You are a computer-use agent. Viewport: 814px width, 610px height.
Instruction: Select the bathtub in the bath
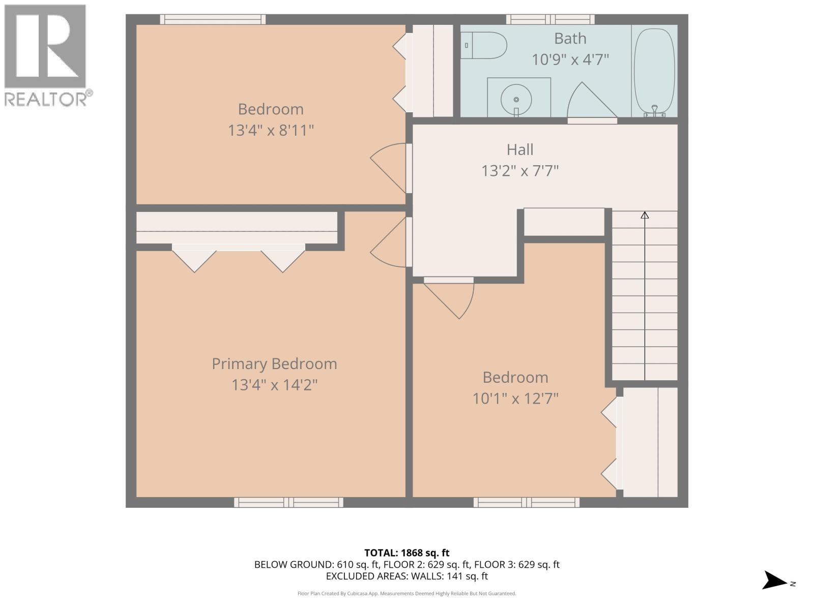pyautogui.click(x=654, y=71)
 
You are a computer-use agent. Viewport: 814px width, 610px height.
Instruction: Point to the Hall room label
pyautogui.click(x=520, y=149)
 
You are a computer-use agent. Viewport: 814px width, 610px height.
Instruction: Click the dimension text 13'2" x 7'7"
pyautogui.click(x=520, y=171)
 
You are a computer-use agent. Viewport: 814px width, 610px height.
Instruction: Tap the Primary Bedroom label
pyautogui.click(x=274, y=364)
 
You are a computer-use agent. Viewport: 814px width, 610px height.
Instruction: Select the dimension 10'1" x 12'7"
pyautogui.click(x=515, y=399)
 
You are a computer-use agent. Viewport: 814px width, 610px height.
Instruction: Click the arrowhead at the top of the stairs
pyautogui.click(x=645, y=215)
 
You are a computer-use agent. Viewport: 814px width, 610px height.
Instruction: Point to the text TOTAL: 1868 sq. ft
pyautogui.click(x=407, y=553)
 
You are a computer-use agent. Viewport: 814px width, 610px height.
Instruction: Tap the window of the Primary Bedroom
pyautogui.click(x=288, y=502)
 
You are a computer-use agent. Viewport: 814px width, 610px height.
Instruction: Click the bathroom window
pyautogui.click(x=550, y=19)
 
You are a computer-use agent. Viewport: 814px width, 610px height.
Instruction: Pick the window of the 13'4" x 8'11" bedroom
pyautogui.click(x=213, y=19)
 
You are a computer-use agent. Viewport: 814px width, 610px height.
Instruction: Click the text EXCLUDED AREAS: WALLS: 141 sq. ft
pyautogui.click(x=407, y=576)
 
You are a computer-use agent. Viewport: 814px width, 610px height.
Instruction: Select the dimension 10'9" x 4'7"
pyautogui.click(x=570, y=60)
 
